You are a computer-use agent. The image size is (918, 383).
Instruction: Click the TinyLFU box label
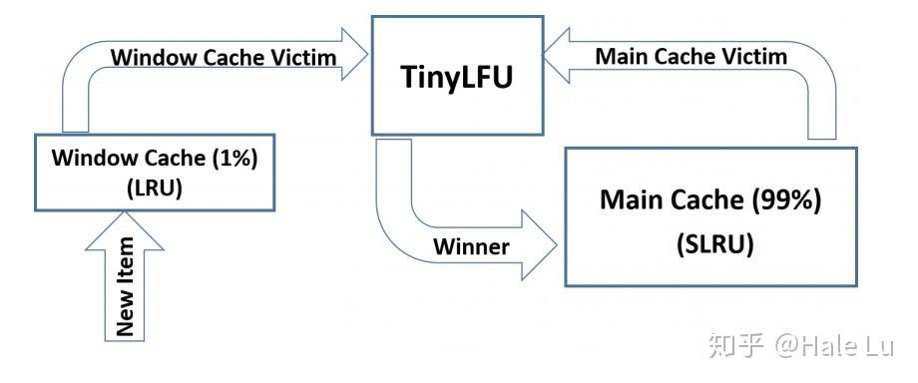(x=456, y=76)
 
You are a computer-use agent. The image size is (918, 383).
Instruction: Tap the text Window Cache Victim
(x=223, y=57)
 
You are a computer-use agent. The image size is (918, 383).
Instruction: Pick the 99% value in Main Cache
(x=785, y=199)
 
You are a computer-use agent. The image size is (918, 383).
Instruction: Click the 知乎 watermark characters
(x=736, y=345)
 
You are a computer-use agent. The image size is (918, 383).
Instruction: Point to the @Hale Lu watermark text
(x=837, y=345)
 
